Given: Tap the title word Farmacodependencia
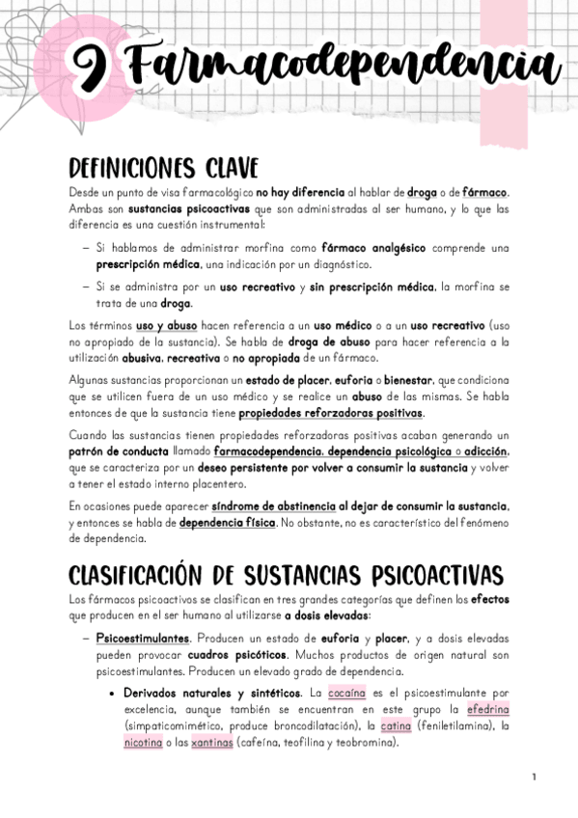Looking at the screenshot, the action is [x=344, y=68].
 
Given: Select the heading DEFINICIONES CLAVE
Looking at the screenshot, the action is [x=162, y=167].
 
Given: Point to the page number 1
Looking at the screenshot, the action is [x=533, y=777].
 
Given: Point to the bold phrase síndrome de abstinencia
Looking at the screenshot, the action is [x=273, y=506].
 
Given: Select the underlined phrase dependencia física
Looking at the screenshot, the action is [x=228, y=523].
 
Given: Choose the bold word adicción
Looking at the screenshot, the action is [x=484, y=450].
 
